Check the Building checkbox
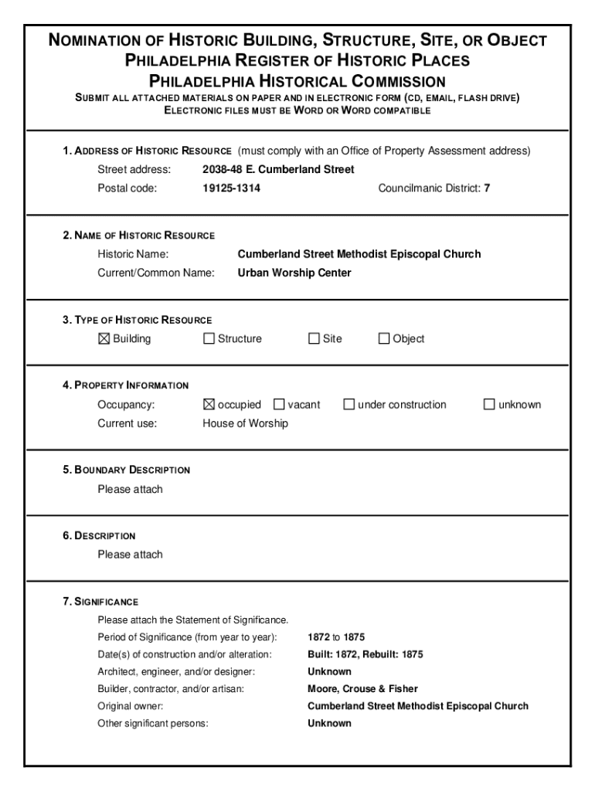point(104,338)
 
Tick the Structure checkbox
point(209,338)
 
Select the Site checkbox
point(314,338)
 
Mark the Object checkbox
point(384,338)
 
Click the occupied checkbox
point(209,404)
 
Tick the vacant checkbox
point(279,404)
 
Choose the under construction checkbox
point(349,404)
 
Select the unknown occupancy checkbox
point(489,404)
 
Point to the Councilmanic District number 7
point(487,188)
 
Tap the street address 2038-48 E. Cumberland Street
point(278,169)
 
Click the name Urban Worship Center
point(294,273)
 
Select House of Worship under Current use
point(245,423)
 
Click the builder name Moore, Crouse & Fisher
point(362,688)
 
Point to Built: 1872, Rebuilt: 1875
point(365,654)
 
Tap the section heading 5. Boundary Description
point(126,470)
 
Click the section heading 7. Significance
point(100,601)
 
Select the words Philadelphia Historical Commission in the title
point(297,81)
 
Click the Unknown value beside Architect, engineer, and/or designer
point(329,671)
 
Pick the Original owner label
point(130,706)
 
